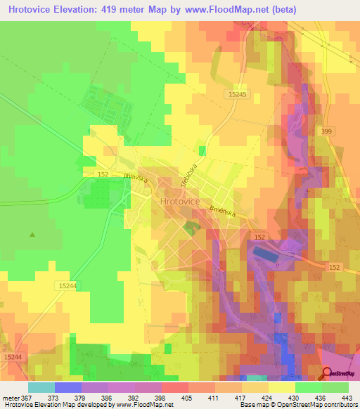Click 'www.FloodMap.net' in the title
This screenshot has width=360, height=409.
pyautogui.click(x=218, y=9)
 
